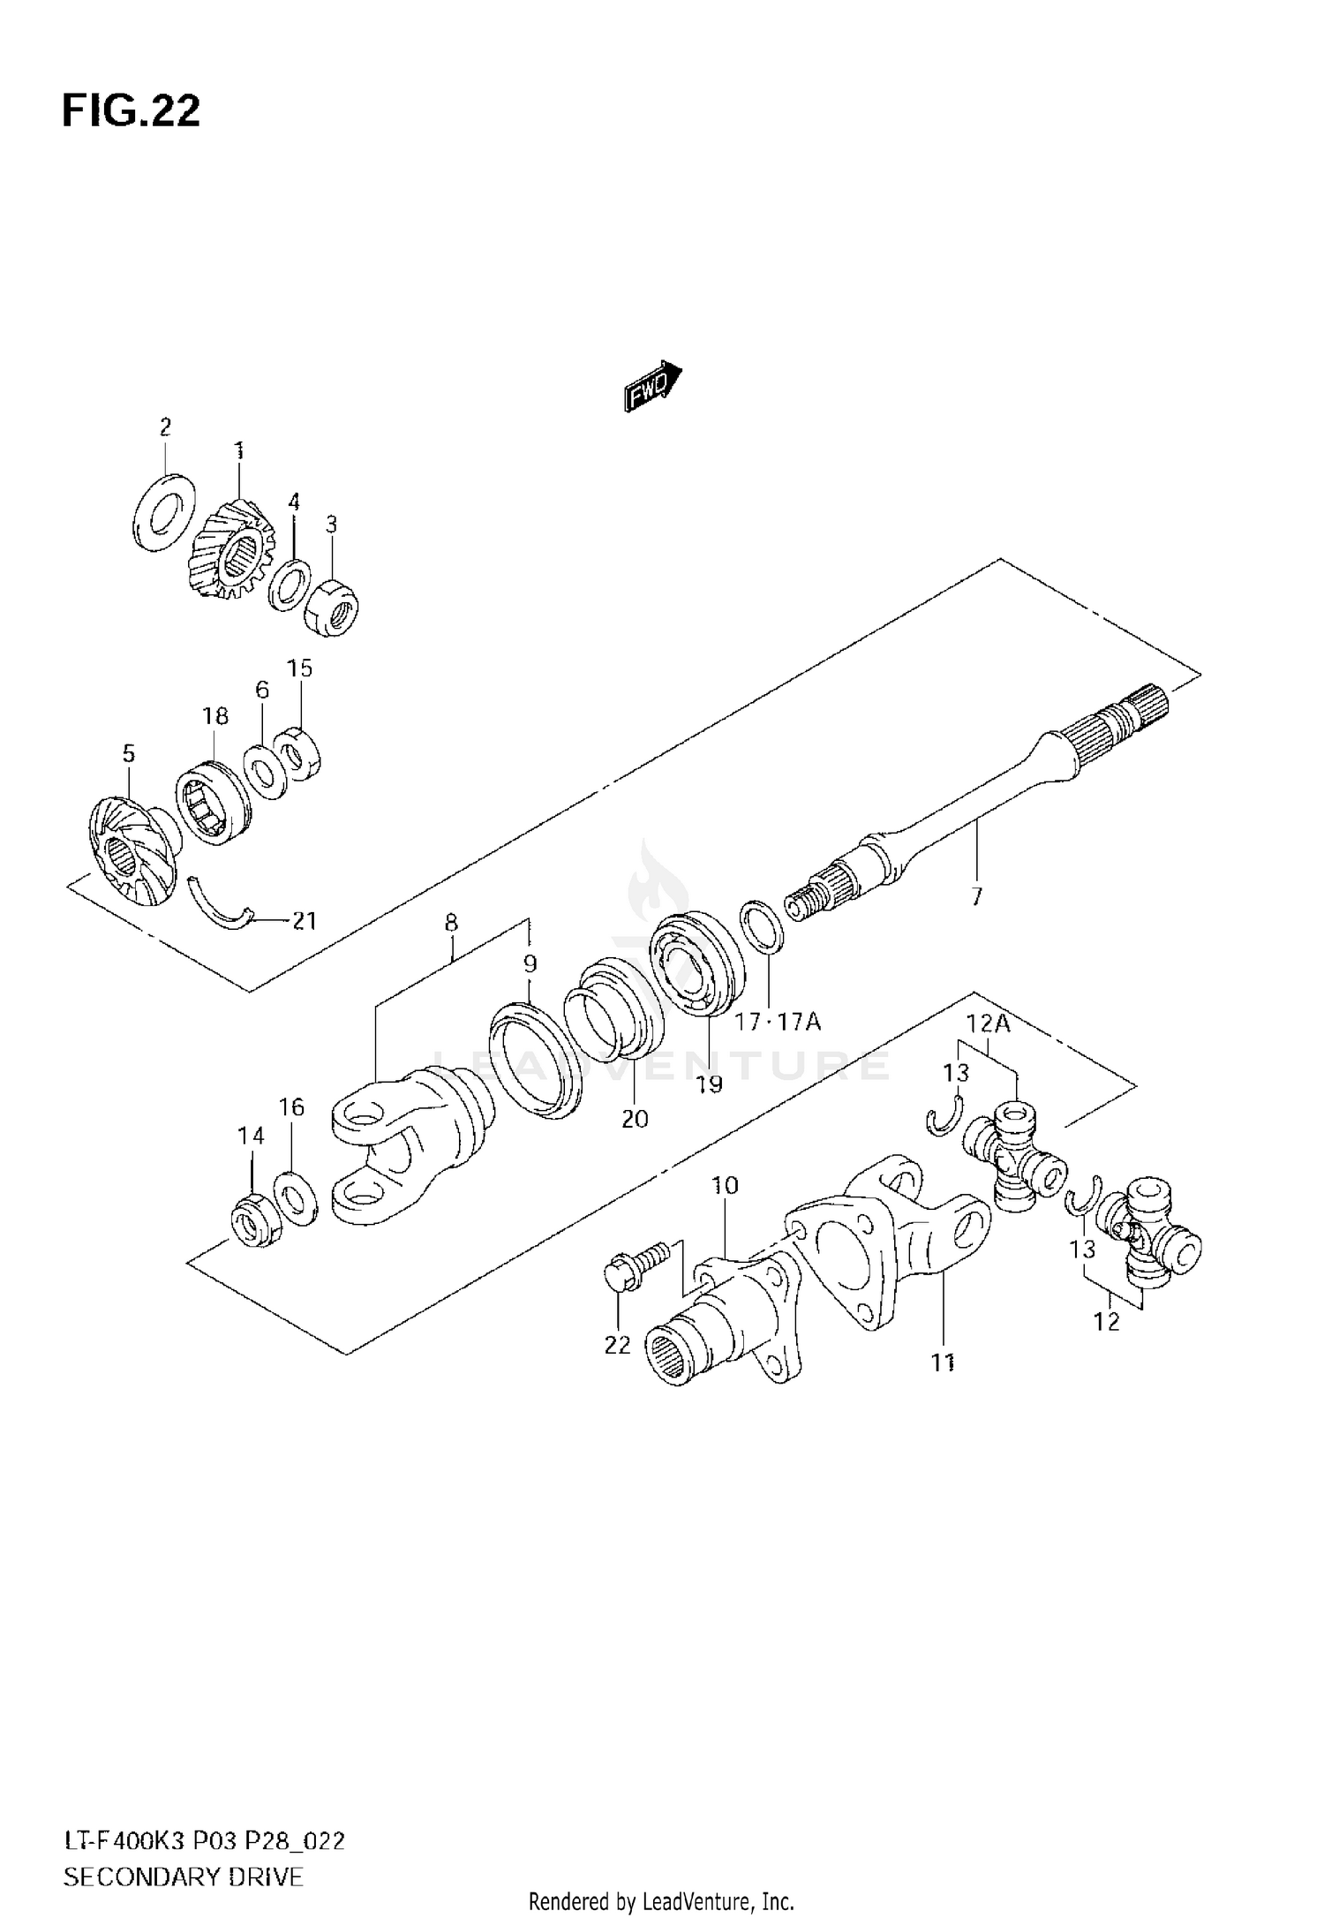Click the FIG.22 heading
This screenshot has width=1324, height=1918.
(x=132, y=112)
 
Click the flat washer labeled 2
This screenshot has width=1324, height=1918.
(x=165, y=513)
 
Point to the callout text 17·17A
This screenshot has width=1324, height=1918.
(x=779, y=1023)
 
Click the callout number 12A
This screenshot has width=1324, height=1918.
(x=988, y=1024)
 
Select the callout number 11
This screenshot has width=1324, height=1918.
(x=943, y=1363)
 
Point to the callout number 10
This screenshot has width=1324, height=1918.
(x=725, y=1185)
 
